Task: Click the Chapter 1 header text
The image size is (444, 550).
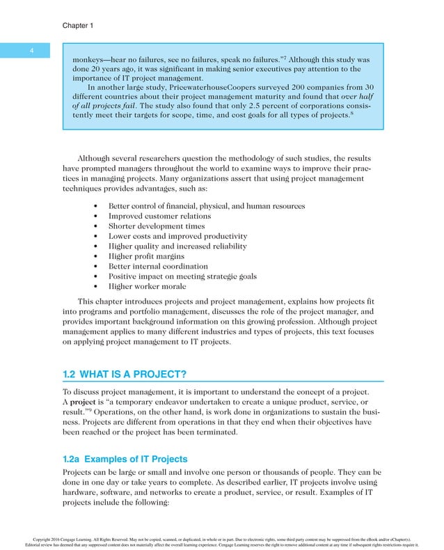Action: [78, 26]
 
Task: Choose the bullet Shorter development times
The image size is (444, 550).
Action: [156, 226]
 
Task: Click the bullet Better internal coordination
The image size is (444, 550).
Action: [158, 266]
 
